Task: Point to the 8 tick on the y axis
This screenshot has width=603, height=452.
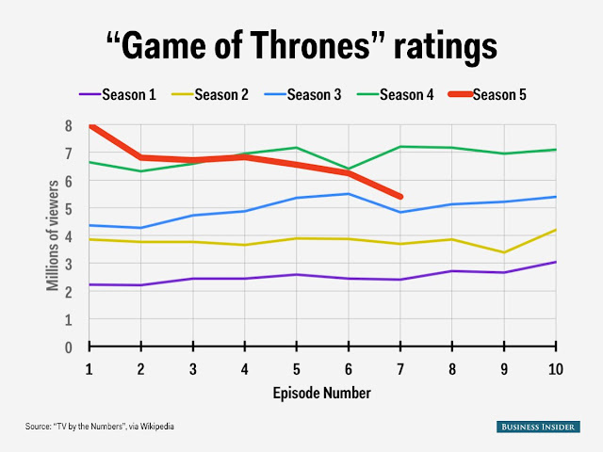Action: pyautogui.click(x=68, y=126)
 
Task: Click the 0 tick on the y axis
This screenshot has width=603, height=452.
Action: pyautogui.click(x=68, y=347)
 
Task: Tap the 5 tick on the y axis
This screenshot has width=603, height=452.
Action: pyautogui.click(x=68, y=209)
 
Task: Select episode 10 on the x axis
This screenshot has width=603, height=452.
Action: pyautogui.click(x=555, y=368)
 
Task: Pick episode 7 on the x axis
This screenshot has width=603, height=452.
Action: pyautogui.click(x=400, y=368)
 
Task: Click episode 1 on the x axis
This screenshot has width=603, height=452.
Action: pyautogui.click(x=90, y=368)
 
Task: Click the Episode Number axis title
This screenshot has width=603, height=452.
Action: pyautogui.click(x=322, y=392)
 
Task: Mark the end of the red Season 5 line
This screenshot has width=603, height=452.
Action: pyautogui.click(x=400, y=197)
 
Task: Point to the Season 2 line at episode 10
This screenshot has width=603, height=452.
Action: pyautogui.click(x=555, y=230)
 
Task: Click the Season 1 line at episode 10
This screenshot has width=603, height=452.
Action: pyautogui.click(x=555, y=262)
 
